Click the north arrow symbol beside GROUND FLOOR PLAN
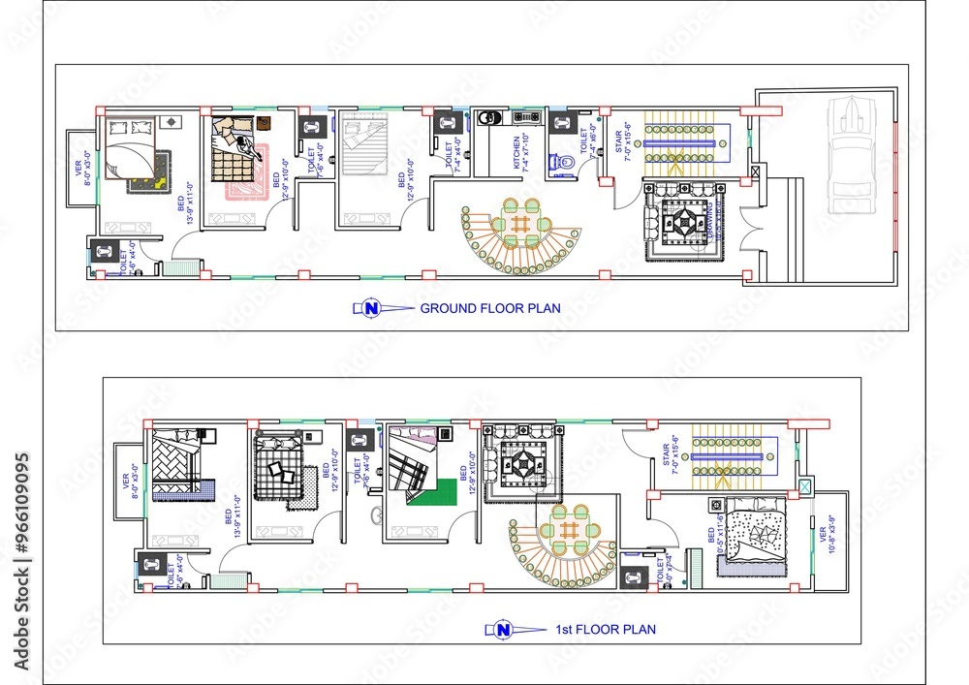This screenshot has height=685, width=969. click(370, 309)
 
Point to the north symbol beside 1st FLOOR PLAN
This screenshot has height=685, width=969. click(502, 630)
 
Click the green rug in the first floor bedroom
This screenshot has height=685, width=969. click(428, 492)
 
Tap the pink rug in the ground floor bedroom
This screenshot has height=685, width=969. click(237, 187)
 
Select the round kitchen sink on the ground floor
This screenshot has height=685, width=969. click(491, 118)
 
